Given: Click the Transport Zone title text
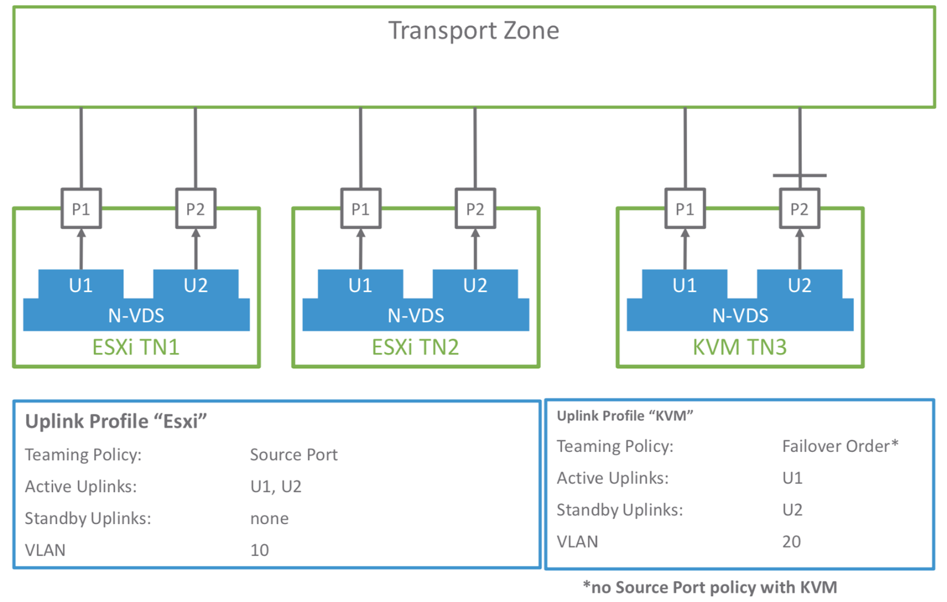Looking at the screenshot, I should (474, 31).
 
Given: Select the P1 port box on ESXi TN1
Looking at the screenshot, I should (81, 209).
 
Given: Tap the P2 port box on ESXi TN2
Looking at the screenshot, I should (475, 209).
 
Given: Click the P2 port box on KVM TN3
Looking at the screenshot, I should (799, 209).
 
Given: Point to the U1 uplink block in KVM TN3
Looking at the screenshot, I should (684, 285).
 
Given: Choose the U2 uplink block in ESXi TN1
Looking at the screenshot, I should (195, 285).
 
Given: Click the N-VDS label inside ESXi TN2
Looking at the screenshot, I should (415, 315).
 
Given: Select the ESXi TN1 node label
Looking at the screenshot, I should (136, 347).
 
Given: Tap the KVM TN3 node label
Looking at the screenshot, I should (739, 347).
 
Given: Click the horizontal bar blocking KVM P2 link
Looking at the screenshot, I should (799, 176).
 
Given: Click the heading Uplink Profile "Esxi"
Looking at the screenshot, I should (116, 421).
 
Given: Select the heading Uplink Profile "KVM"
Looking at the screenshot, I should (624, 416).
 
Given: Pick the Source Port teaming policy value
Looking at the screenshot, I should (294, 455).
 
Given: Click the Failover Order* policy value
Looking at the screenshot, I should (840, 446).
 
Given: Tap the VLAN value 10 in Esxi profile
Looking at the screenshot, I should (259, 550).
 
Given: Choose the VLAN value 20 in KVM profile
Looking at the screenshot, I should (791, 542).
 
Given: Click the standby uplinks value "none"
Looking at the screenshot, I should (269, 519).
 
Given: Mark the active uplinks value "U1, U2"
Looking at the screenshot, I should (276, 487).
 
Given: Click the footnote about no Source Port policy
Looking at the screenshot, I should (710, 587).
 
